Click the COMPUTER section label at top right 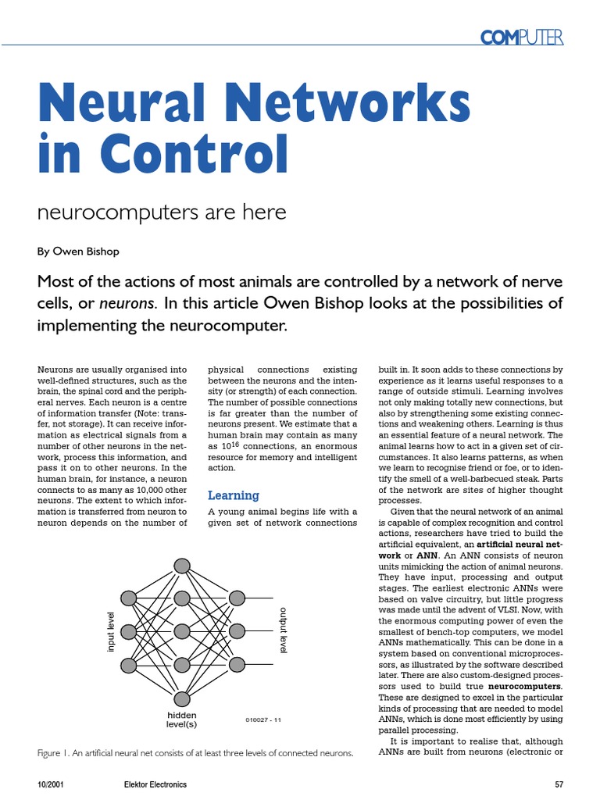coord(521,36)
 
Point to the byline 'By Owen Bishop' coord(79,252)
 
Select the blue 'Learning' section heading coord(233,495)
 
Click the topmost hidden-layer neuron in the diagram coord(182,565)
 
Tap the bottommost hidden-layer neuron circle coord(182,698)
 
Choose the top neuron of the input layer coord(129,598)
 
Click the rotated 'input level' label coord(110,631)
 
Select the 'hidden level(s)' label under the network coord(182,720)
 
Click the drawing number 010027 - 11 coord(262,720)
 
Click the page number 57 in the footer coord(558,784)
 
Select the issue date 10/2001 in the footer coord(50,784)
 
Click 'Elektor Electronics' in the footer coord(155,784)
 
